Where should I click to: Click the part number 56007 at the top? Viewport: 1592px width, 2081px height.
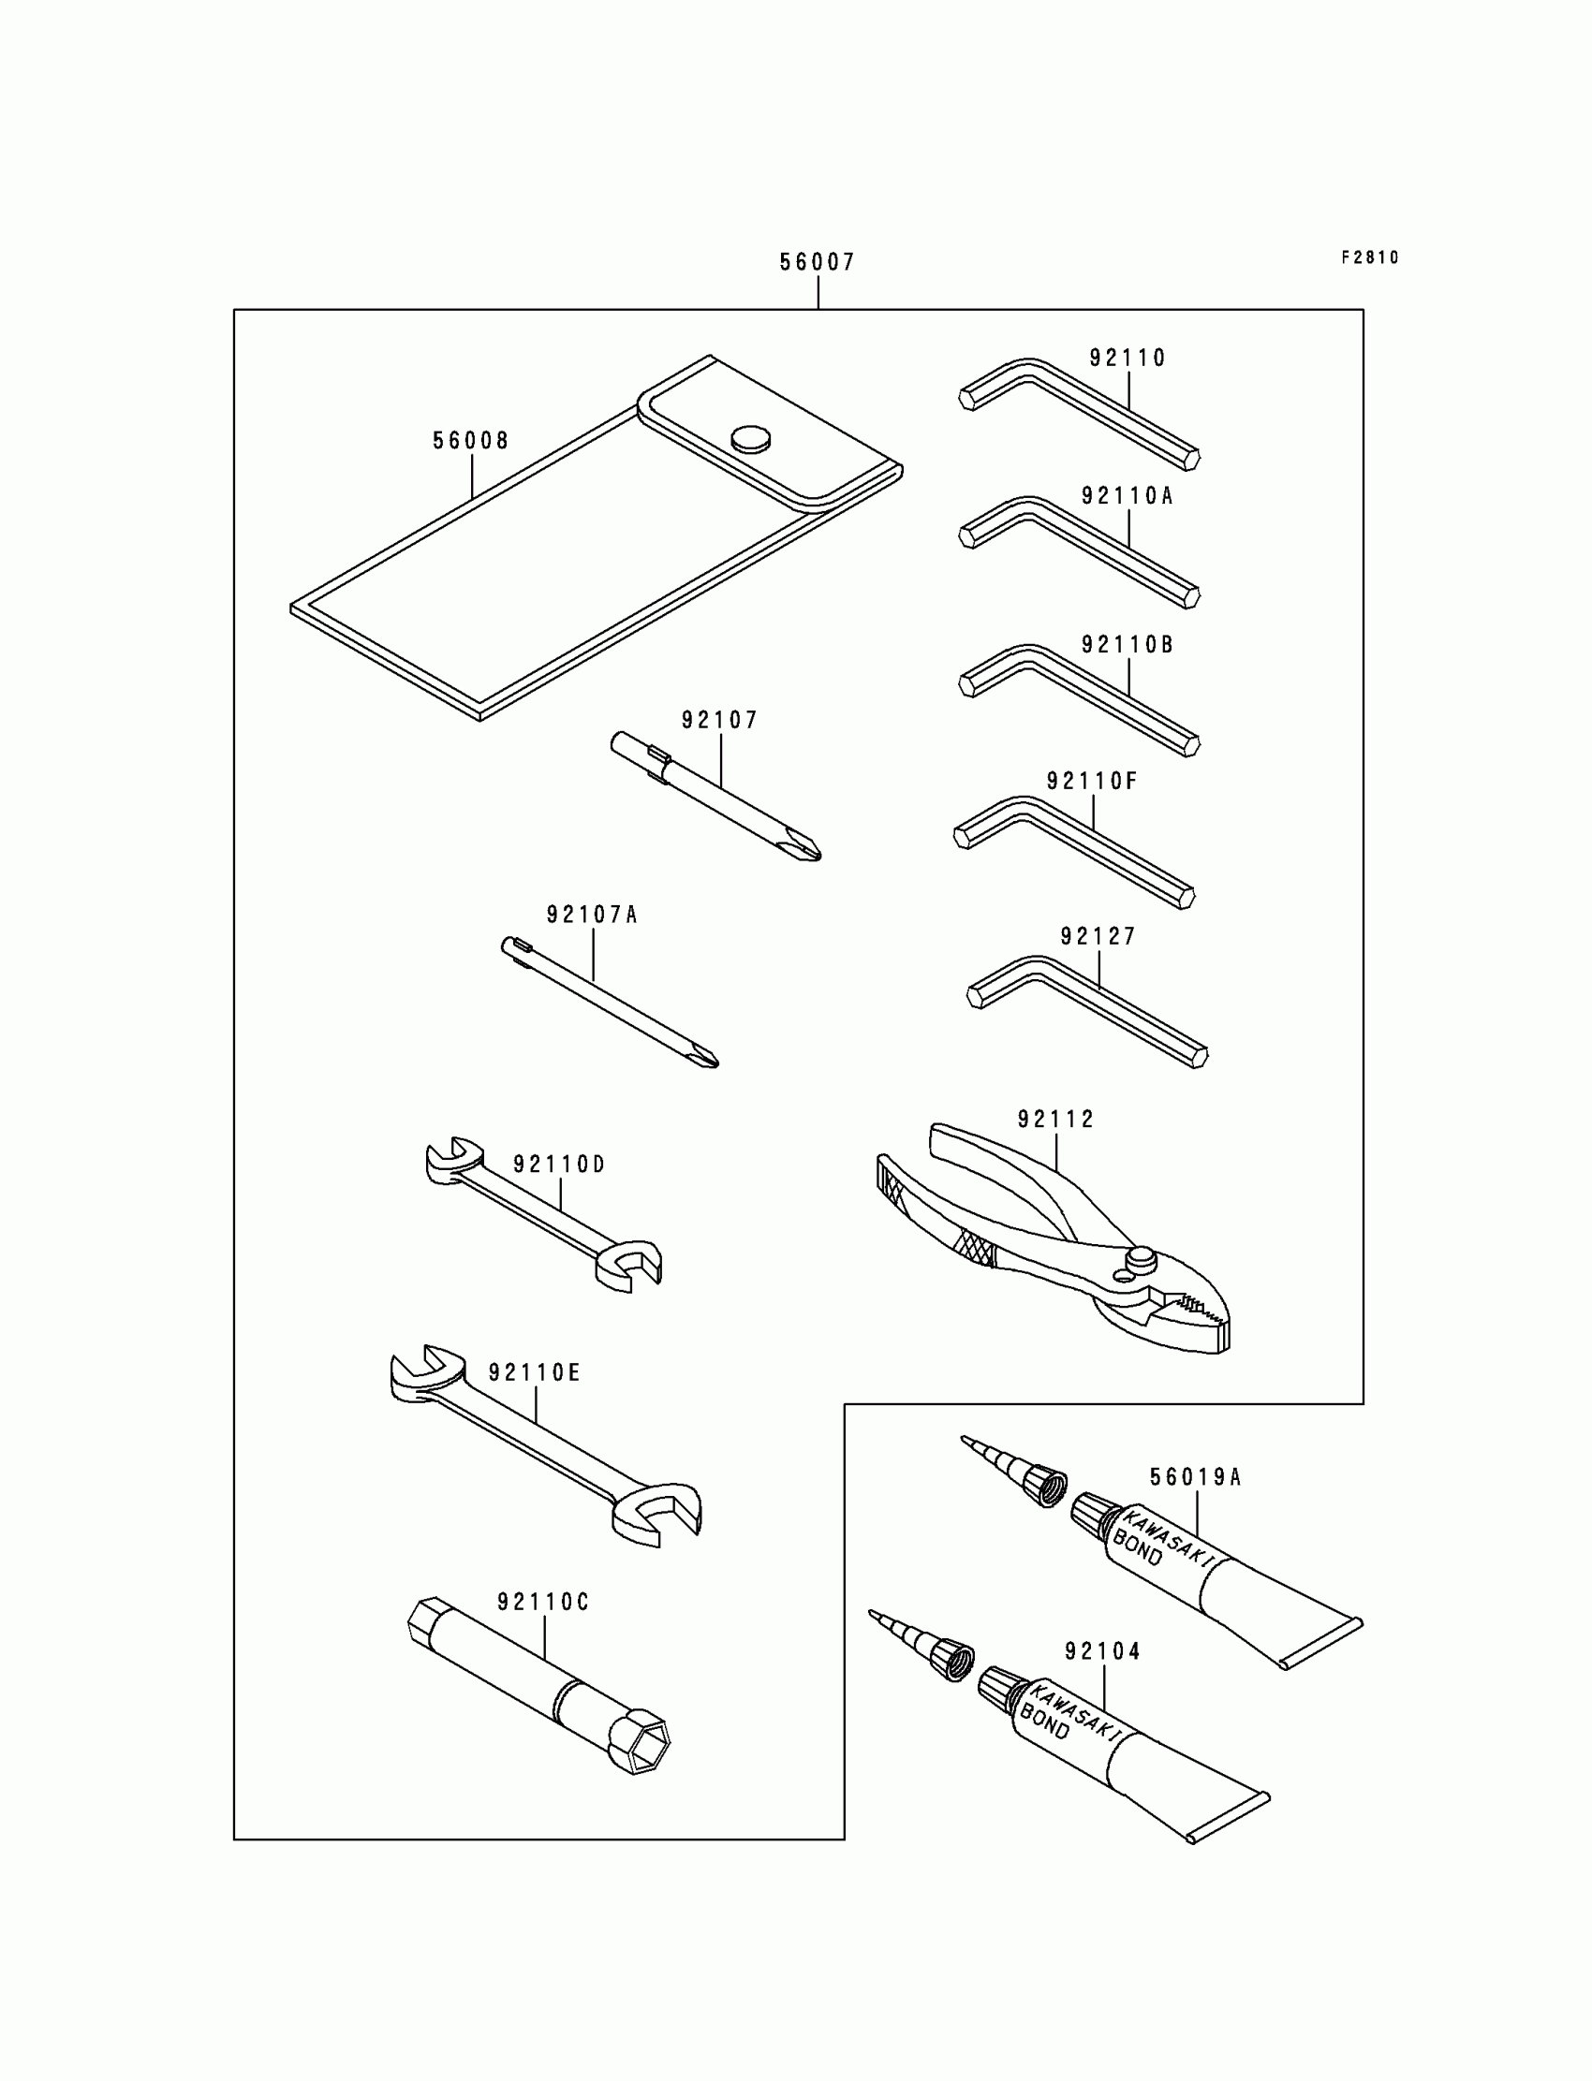pos(817,262)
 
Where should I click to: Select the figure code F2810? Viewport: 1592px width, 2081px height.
pos(1369,257)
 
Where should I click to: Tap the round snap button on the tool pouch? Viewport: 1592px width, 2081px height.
pos(750,437)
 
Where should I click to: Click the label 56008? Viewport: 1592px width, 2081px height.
pos(471,442)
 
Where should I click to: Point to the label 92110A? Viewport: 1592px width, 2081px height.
pos(1128,496)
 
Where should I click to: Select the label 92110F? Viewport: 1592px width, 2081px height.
pos(1092,782)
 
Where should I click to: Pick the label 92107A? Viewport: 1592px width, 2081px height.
pos(592,915)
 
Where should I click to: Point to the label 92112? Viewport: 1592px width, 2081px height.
pos(1055,1120)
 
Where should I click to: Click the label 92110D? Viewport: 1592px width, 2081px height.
pos(559,1165)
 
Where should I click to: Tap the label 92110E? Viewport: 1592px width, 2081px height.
pos(535,1373)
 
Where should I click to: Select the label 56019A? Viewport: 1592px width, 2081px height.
pos(1195,1477)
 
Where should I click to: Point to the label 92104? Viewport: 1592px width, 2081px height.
pos(1103,1652)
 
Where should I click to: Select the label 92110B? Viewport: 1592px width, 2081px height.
pos(1128,645)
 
